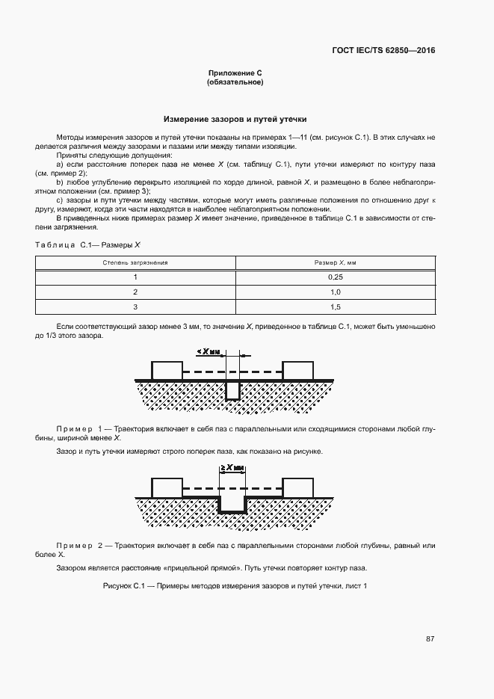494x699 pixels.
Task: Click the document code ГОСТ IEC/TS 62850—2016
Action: point(383,51)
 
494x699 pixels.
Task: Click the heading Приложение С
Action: point(235,73)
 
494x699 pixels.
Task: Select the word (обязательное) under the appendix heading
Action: point(235,82)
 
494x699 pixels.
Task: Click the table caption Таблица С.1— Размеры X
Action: point(88,244)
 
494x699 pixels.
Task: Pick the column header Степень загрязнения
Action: point(135,263)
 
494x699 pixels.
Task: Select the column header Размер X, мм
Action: point(335,263)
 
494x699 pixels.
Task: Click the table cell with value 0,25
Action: point(335,277)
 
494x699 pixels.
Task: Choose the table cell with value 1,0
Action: point(335,292)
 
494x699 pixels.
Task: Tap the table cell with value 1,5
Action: point(335,307)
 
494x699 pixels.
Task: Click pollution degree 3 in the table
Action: point(135,307)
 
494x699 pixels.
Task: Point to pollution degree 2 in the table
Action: point(135,292)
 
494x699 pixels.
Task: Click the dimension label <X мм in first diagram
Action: point(210,351)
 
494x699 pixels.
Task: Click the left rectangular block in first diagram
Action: point(167,370)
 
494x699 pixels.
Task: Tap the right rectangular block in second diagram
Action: point(297,487)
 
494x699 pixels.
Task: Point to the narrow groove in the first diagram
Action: point(233,389)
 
